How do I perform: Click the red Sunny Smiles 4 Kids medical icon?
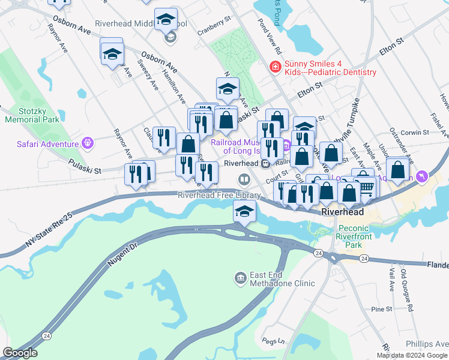coord(276,67)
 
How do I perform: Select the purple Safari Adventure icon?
coord(88,143)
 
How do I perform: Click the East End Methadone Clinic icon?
coord(240,277)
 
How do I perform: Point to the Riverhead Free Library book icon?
coord(244,179)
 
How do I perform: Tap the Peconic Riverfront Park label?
coord(363,232)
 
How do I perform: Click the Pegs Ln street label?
coord(273,341)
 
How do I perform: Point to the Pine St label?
coord(381,309)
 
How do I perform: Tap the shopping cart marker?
coord(368,188)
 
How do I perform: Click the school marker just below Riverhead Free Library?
coord(244,212)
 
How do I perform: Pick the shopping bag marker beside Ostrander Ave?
coord(398,170)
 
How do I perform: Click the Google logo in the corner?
coord(20,353)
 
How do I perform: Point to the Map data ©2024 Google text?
coord(412,355)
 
